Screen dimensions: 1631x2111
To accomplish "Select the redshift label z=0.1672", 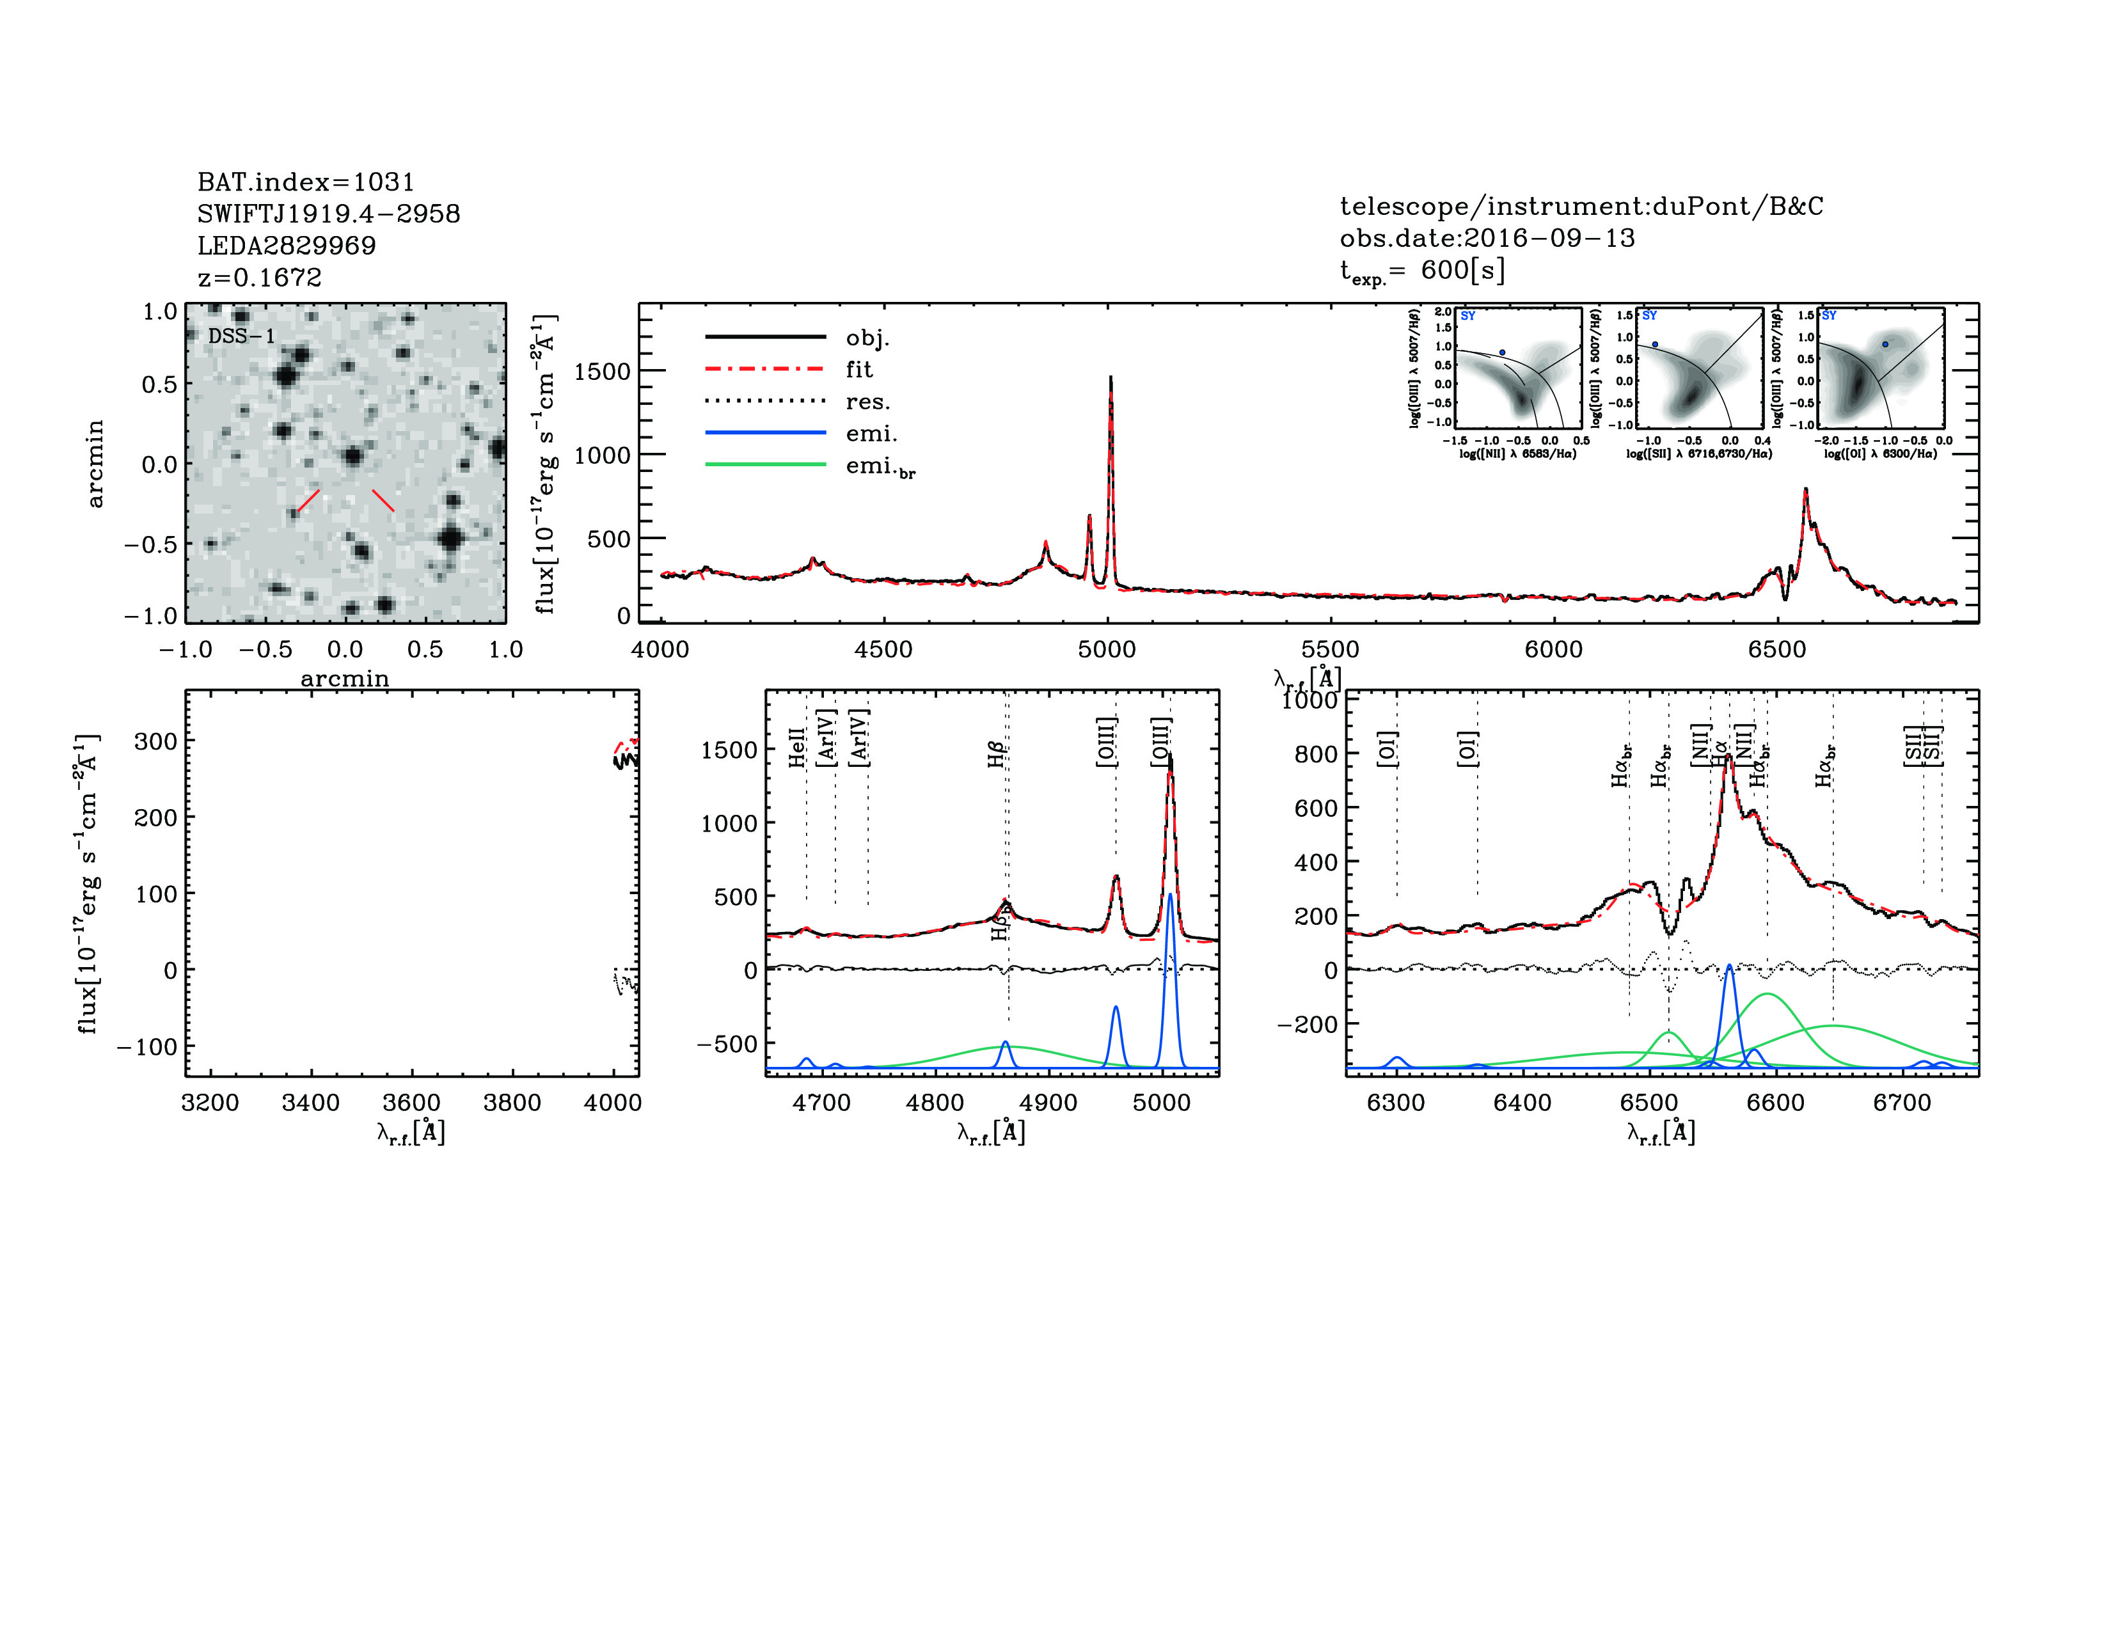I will click(x=259, y=278).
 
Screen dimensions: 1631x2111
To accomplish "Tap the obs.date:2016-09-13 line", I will click(x=1487, y=238).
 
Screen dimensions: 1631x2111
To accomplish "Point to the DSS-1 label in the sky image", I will click(x=242, y=336).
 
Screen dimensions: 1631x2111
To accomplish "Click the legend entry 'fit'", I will click(x=858, y=369).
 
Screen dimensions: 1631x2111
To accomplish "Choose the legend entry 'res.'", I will click(x=867, y=401).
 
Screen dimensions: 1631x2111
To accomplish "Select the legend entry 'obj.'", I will click(x=867, y=337).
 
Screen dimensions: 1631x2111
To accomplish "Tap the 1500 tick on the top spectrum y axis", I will click(x=601, y=372).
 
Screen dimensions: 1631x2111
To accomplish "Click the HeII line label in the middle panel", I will click(x=798, y=747).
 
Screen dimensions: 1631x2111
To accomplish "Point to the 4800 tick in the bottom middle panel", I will click(x=935, y=1103).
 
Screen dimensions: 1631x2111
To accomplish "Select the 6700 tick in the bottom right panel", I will click(x=1901, y=1103).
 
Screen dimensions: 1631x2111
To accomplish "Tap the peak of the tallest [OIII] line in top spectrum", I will click(x=1111, y=379).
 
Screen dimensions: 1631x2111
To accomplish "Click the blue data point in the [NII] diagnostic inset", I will click(x=1502, y=352).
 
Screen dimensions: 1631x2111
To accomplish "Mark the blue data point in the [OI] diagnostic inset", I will click(x=1885, y=344).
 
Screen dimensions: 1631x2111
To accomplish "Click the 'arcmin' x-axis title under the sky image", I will click(x=344, y=678).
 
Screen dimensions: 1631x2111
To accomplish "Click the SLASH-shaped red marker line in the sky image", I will click(x=308, y=501).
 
